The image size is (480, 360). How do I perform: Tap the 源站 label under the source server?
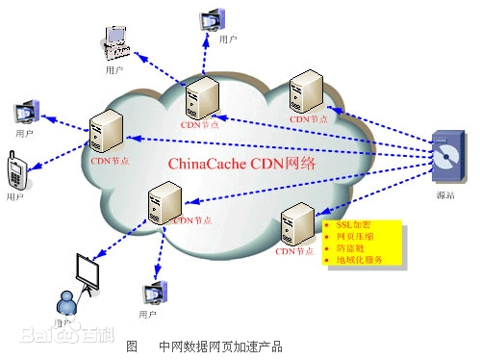pyautogui.click(x=443, y=195)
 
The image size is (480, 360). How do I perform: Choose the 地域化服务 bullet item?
pyautogui.click(x=359, y=260)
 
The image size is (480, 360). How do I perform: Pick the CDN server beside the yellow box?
pyautogui.click(x=294, y=226)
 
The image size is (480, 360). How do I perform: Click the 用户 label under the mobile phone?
pyautogui.click(x=14, y=195)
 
